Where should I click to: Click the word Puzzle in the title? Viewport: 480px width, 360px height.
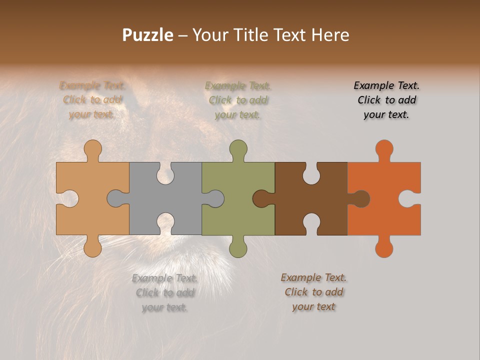[148, 35]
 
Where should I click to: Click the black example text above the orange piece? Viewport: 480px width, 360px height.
[386, 100]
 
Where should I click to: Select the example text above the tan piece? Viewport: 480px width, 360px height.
[92, 100]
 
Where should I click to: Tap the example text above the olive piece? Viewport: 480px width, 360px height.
[238, 100]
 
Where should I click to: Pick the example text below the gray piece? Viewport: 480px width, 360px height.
[164, 292]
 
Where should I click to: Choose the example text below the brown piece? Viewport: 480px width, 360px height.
[313, 292]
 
